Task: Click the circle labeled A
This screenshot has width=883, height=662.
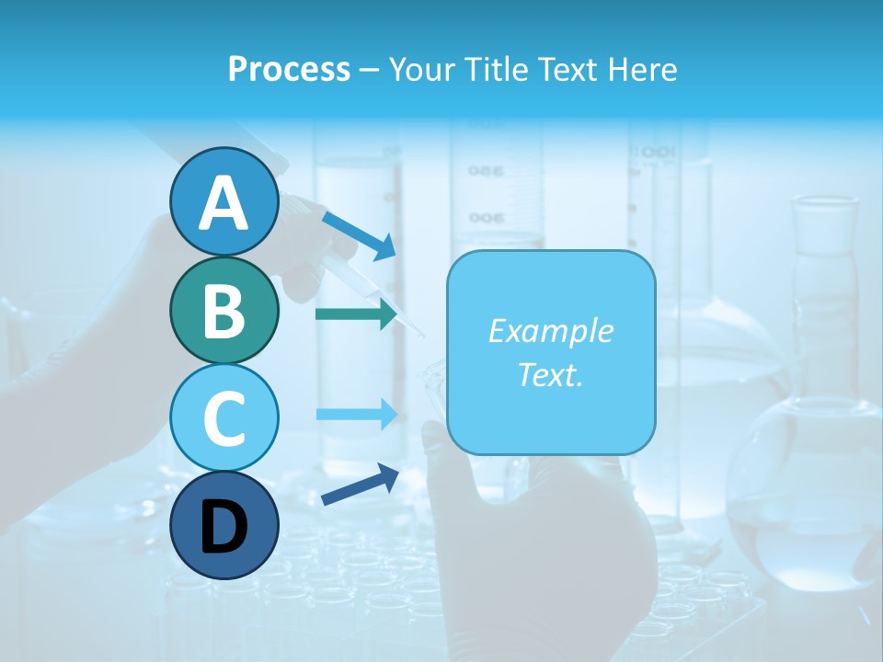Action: coord(224,201)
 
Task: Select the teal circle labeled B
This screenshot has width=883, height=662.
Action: coord(224,310)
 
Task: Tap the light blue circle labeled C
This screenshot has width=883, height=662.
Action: coord(224,417)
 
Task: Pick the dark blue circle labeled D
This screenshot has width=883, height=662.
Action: coord(224,525)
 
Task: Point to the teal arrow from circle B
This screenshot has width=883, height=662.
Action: coord(356,314)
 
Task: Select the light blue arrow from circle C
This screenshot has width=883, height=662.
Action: coord(356,414)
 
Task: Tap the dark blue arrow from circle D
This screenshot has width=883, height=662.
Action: coord(360,485)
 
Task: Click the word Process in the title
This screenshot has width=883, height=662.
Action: coord(289,69)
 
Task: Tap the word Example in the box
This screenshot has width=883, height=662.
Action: coord(550,331)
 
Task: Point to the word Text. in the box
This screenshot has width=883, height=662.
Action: coord(550,374)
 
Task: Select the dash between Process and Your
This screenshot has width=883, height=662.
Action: coord(369,70)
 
